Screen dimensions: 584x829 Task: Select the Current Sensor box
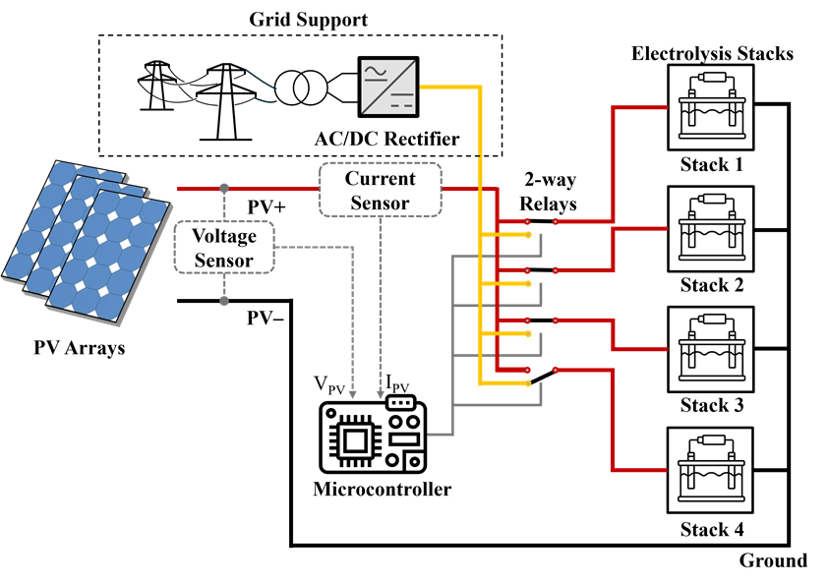380,190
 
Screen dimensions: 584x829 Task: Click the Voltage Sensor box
223,248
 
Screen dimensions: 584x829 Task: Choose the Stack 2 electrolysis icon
711,227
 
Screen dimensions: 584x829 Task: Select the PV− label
265,319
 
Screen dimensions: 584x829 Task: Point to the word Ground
773,561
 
